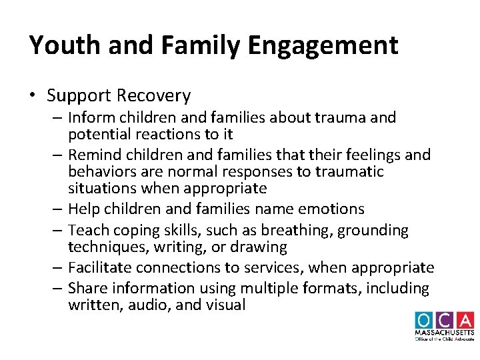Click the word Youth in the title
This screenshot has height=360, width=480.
point(60,45)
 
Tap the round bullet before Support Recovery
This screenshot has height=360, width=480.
point(33,96)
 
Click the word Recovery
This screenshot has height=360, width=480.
point(157,96)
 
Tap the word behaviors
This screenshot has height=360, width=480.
point(102,171)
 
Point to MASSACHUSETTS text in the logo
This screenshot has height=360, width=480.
point(444,332)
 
